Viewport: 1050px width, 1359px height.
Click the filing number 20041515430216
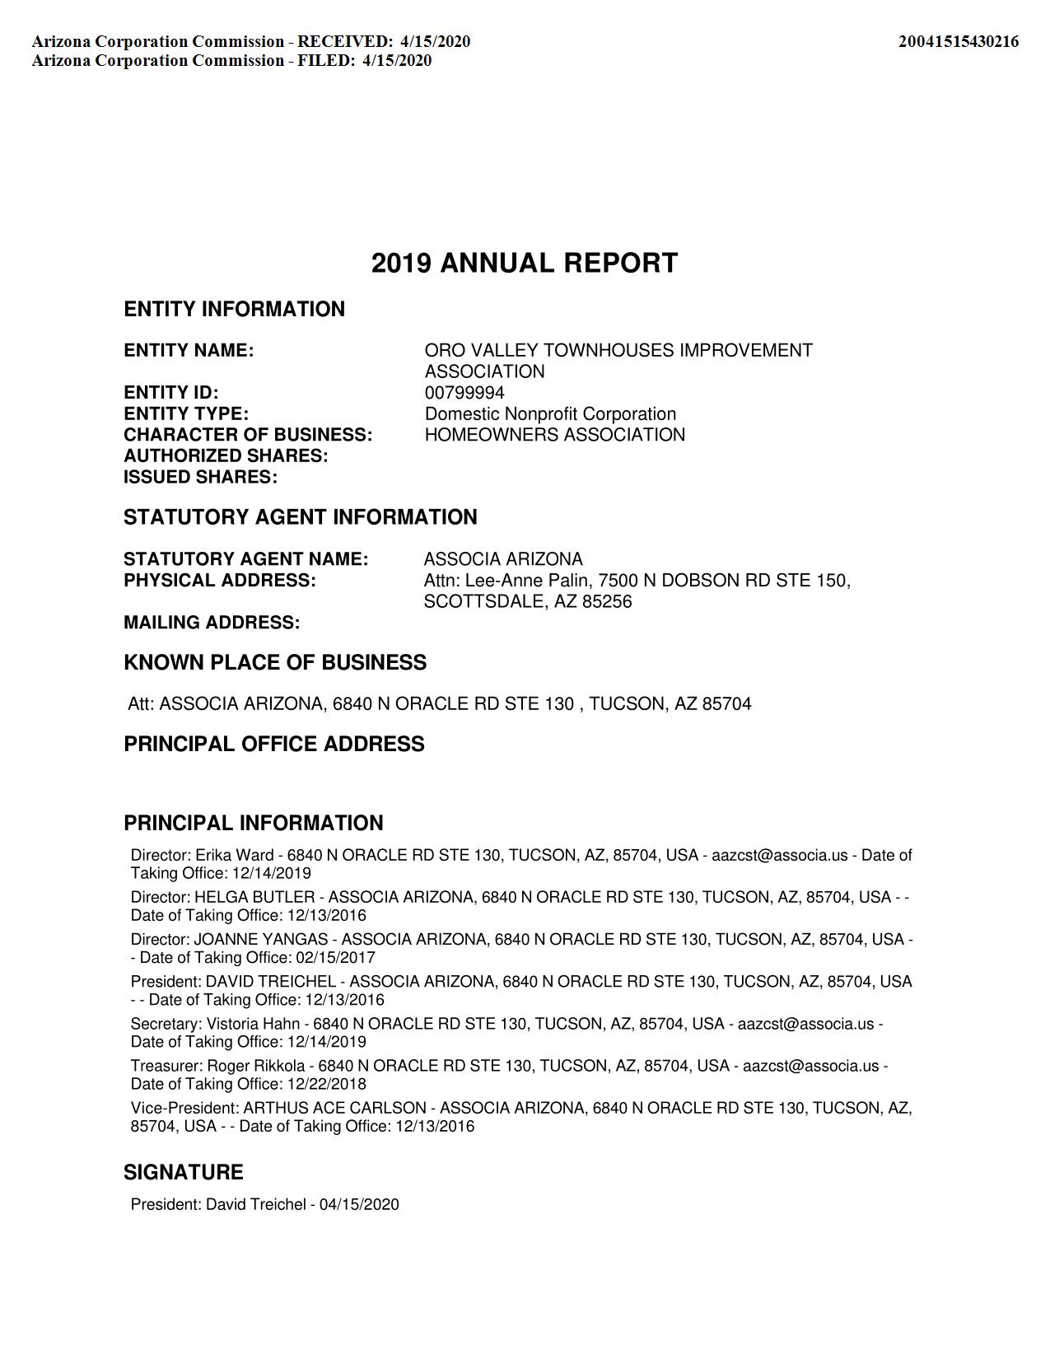958,41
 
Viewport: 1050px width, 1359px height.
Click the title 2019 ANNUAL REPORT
525,264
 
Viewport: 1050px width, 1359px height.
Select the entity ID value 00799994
464,393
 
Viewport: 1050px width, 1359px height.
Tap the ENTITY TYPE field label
186,413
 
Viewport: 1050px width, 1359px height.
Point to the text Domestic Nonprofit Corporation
550,413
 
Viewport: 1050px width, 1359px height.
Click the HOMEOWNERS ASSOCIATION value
554,435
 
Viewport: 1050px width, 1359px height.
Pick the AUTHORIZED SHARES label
226,456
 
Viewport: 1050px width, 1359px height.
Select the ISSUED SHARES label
200,477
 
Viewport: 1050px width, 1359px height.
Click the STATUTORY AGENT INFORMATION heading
301,517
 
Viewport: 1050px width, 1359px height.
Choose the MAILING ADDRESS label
212,623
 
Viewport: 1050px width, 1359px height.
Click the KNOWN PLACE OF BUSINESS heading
275,663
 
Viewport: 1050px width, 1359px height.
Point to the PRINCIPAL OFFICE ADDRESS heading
274,745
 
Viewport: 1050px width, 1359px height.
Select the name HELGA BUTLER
254,898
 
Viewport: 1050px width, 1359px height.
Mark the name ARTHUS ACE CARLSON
335,1109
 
